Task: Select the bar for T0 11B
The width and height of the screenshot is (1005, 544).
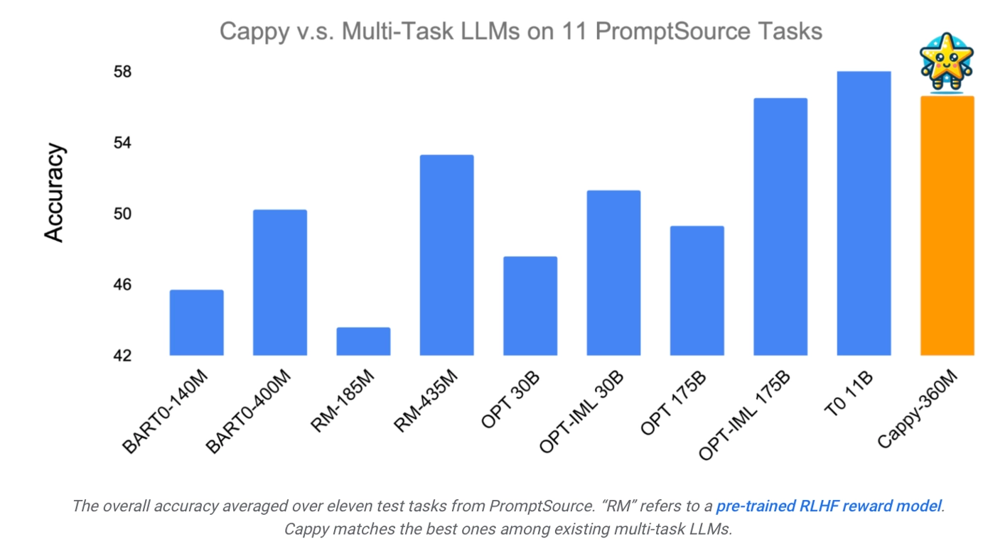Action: coord(864,213)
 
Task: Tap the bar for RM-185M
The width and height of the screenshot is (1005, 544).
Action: coord(363,342)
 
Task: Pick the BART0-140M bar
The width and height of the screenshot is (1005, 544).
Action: coord(196,322)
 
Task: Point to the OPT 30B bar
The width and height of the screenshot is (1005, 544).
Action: coord(530,306)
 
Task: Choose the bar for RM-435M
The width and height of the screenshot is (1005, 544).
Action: coord(446,255)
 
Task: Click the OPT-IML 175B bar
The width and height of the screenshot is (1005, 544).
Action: coord(780,227)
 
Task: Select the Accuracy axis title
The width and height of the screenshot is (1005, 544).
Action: coord(55,193)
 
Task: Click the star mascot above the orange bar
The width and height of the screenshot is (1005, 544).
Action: coord(947,62)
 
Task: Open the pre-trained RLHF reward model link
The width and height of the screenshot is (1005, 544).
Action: coord(829,506)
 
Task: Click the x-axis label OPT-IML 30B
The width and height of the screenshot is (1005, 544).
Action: coord(581,415)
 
